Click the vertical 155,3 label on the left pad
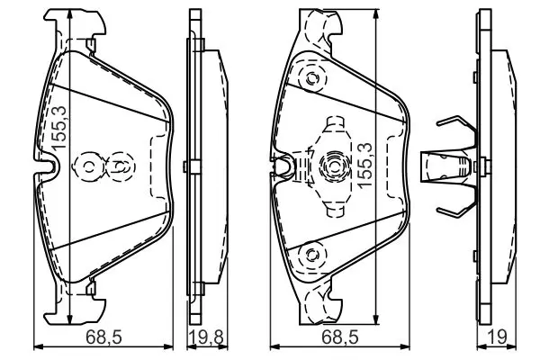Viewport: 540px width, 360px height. pyautogui.click(x=58, y=128)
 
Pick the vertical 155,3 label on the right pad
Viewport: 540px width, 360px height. pyautogui.click(x=364, y=166)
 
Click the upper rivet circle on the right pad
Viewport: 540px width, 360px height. pyautogui.click(x=311, y=78)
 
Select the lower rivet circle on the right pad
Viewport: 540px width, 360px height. pyautogui.click(x=311, y=255)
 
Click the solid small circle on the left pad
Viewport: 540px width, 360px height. pyautogui.click(x=89, y=167)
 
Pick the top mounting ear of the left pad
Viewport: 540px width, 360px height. pyautogui.click(x=74, y=23)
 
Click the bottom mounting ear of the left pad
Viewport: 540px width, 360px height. pyautogui.click(x=74, y=310)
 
